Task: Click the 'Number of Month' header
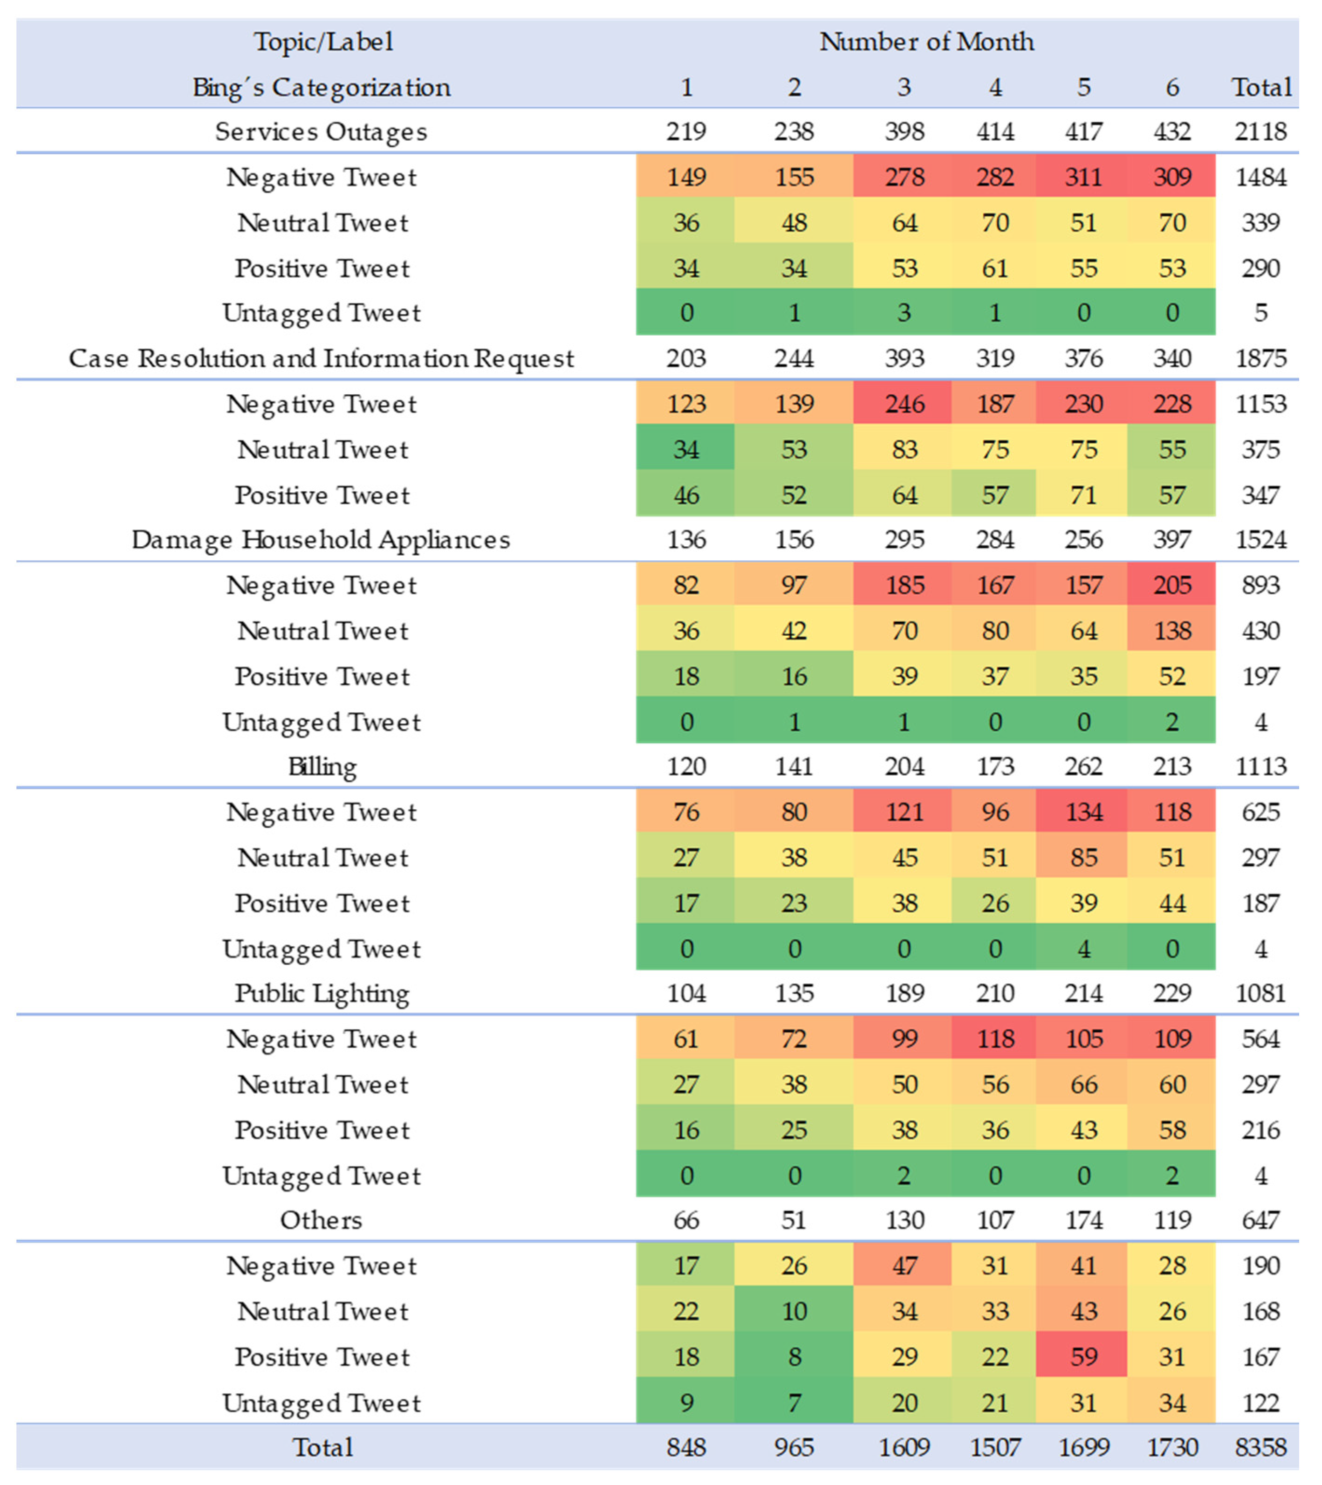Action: (926, 41)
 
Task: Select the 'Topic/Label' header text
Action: (323, 41)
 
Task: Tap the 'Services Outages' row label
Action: (321, 131)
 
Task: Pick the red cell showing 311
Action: (1083, 177)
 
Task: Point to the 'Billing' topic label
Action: (322, 766)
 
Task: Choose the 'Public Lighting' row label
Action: (322, 993)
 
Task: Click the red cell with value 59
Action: (1083, 1356)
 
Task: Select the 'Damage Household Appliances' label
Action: (321, 540)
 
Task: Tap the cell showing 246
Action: (904, 404)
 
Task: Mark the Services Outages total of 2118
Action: (1261, 131)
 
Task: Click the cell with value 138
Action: (1171, 631)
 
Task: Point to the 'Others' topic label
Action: (321, 1220)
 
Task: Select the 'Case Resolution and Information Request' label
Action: (321, 358)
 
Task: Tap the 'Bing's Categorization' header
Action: (321, 87)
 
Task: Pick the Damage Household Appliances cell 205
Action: (1171, 585)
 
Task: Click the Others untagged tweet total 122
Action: (1261, 1402)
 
